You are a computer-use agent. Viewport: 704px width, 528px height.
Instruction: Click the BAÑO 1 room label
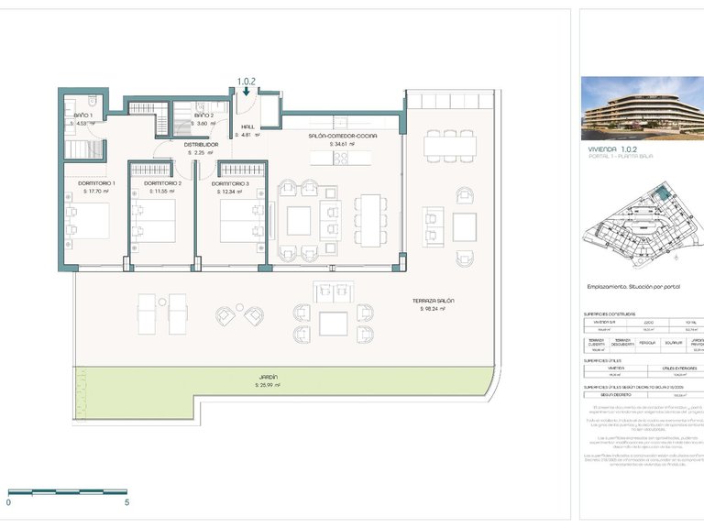(x=82, y=115)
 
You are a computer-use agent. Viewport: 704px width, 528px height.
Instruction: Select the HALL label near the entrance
(x=247, y=126)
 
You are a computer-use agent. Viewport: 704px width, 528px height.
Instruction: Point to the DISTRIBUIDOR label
(x=201, y=144)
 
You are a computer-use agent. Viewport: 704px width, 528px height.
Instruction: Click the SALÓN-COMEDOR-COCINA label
(x=341, y=136)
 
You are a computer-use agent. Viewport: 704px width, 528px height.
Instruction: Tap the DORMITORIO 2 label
(x=161, y=183)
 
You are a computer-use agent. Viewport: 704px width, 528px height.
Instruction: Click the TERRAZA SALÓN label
(x=433, y=301)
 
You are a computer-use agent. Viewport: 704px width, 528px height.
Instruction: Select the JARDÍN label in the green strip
(x=268, y=377)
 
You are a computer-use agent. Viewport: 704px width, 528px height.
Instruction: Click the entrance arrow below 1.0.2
(x=247, y=92)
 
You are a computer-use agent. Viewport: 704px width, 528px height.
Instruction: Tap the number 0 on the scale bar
(x=8, y=502)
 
